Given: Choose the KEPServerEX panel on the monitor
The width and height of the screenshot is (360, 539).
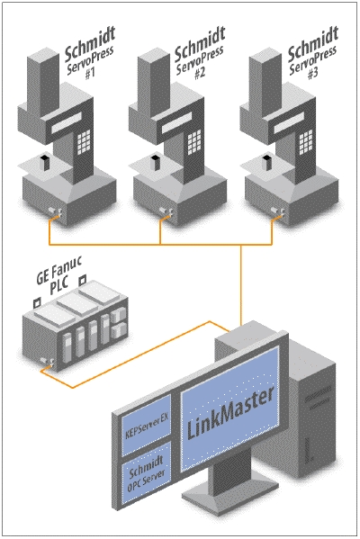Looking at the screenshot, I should click(x=139, y=419).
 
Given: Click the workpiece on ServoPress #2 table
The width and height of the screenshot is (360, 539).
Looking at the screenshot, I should click(x=155, y=163).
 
